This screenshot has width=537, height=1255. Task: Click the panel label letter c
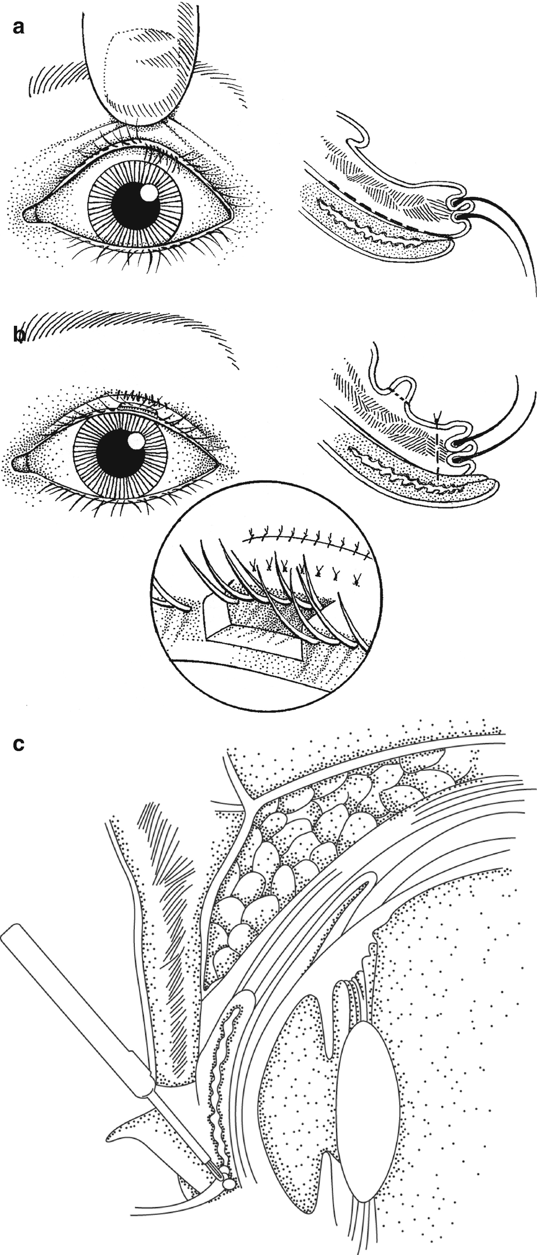click(x=18, y=745)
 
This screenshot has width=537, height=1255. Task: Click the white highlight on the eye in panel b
click(x=137, y=441)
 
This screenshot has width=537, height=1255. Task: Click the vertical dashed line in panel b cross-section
click(x=438, y=449)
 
